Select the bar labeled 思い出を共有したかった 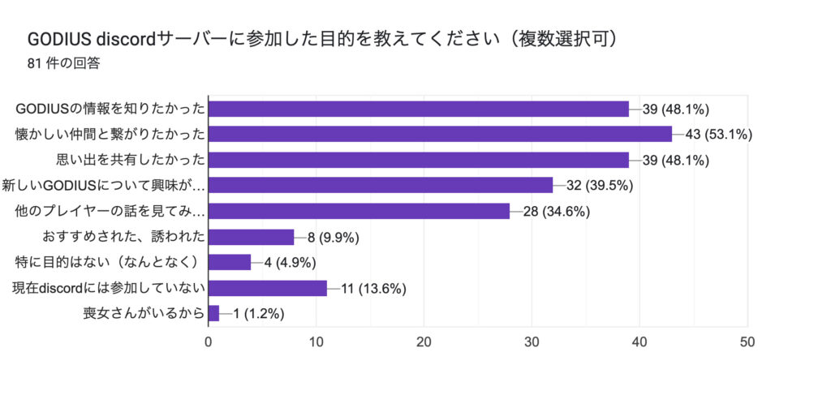(419, 160)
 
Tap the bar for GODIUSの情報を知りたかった (419, 109)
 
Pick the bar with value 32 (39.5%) (381, 185)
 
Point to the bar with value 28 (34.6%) (359, 211)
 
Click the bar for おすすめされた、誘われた (251, 237)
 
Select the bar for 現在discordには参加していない (267, 288)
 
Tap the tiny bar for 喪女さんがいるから (213, 314)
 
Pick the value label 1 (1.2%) (257, 314)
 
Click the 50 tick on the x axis (747, 342)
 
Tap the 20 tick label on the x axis (424, 342)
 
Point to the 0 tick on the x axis (209, 342)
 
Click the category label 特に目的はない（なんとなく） (108, 262)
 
